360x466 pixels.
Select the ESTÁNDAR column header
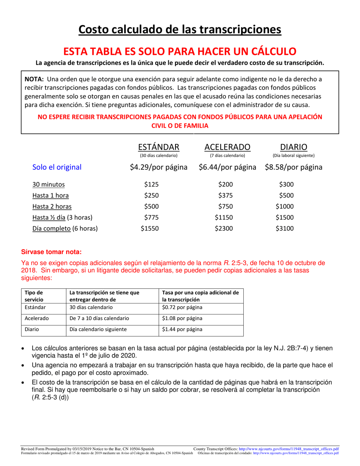click(x=158, y=147)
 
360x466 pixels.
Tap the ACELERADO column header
click(x=227, y=147)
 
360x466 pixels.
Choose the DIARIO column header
click(x=293, y=147)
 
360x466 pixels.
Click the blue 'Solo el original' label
click(x=57, y=167)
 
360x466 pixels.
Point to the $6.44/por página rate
click(x=227, y=167)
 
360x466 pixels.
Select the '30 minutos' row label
click(x=49, y=185)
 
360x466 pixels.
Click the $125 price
click(x=152, y=185)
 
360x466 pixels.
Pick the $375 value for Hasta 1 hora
click(x=225, y=196)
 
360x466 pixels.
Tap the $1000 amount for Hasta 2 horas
click(x=285, y=207)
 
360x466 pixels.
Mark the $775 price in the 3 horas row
click(x=152, y=218)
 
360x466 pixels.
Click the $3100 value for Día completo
click(x=285, y=229)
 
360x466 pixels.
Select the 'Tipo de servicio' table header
click(x=34, y=296)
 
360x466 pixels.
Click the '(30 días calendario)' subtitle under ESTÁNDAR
click(x=158, y=155)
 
